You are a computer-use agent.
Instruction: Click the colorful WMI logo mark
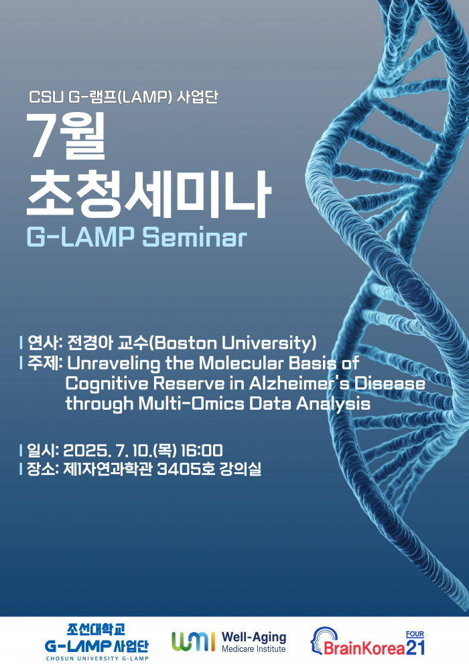point(193,642)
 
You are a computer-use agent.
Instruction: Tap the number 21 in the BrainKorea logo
point(415,647)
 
